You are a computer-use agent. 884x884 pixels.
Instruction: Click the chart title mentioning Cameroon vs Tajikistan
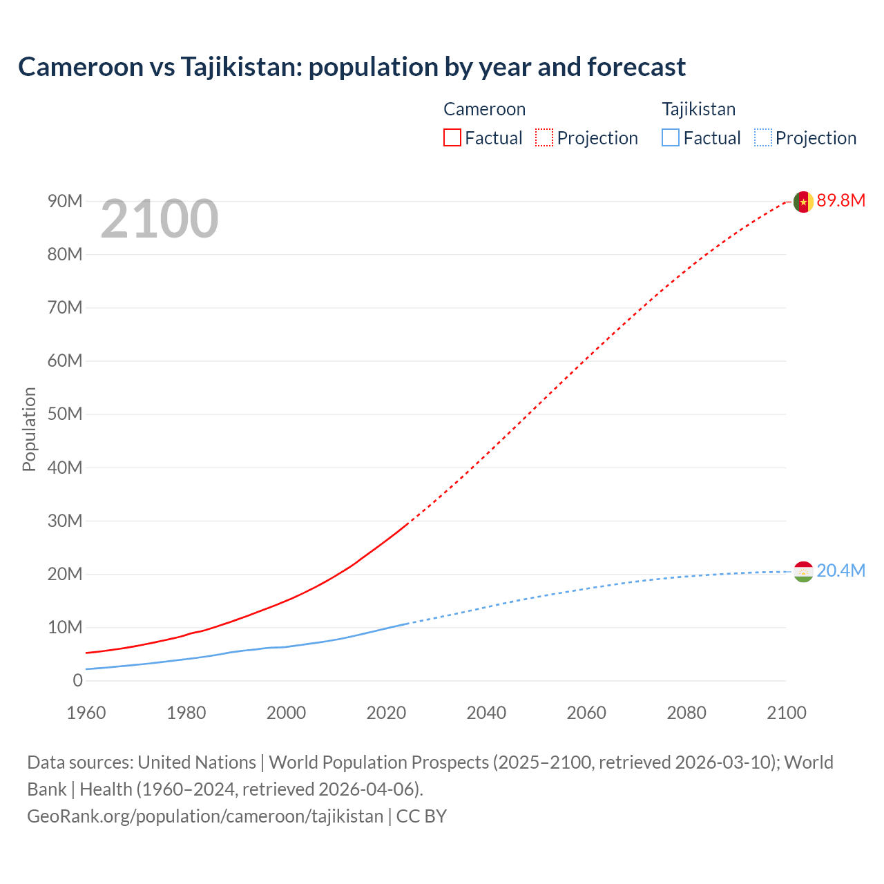(x=352, y=67)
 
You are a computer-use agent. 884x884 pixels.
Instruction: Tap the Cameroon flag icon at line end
(x=803, y=202)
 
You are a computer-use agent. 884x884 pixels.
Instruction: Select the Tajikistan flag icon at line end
(x=803, y=572)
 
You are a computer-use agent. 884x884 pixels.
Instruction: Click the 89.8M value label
(x=840, y=201)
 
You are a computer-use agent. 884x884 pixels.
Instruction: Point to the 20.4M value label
(x=840, y=571)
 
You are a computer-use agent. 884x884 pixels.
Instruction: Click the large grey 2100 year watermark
(x=160, y=219)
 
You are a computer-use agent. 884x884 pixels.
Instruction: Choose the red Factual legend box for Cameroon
(x=452, y=137)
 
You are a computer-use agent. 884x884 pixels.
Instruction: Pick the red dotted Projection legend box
(x=544, y=137)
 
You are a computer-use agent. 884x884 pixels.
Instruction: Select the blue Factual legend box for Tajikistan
(x=670, y=137)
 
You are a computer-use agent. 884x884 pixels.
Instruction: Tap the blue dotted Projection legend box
(x=762, y=137)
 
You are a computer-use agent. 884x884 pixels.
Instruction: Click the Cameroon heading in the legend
(x=484, y=109)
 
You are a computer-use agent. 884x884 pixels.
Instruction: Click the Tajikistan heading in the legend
(x=698, y=109)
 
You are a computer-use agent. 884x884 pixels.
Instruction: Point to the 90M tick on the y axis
(x=65, y=202)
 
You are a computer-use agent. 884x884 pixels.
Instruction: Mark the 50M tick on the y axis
(x=65, y=414)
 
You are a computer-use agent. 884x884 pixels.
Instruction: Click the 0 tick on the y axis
(x=77, y=681)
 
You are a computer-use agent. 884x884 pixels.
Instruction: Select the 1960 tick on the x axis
(x=86, y=713)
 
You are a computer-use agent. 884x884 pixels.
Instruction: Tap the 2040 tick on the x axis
(x=486, y=713)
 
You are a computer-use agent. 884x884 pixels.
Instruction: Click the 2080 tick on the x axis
(x=686, y=713)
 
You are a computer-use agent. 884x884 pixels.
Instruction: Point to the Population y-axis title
(x=29, y=429)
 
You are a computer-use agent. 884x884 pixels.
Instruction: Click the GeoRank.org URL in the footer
(x=205, y=816)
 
